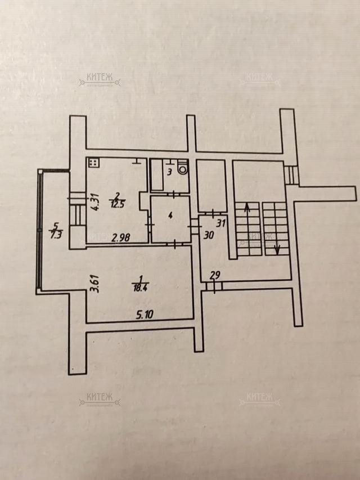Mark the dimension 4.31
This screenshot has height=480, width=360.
[96, 201]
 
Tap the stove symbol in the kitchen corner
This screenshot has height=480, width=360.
[93, 163]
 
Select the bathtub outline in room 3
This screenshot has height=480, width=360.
[156, 174]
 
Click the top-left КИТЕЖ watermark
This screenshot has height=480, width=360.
[100, 81]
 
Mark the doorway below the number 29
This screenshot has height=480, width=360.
[214, 286]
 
